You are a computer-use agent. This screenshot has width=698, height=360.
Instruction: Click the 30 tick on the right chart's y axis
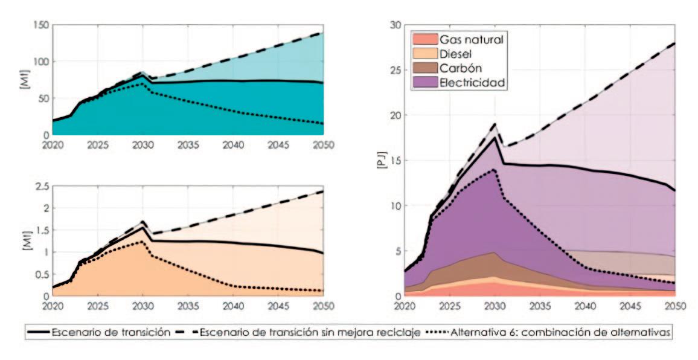(x=396, y=25)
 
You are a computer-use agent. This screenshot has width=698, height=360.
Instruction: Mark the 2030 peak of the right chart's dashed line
(x=495, y=124)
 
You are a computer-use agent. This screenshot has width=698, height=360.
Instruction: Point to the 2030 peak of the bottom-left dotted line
(x=142, y=242)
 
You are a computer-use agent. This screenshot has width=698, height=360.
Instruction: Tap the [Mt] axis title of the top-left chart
(x=24, y=80)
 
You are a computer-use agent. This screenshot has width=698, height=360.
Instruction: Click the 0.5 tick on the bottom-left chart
(x=41, y=274)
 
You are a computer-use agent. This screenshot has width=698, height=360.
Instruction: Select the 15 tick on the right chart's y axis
(x=396, y=160)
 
